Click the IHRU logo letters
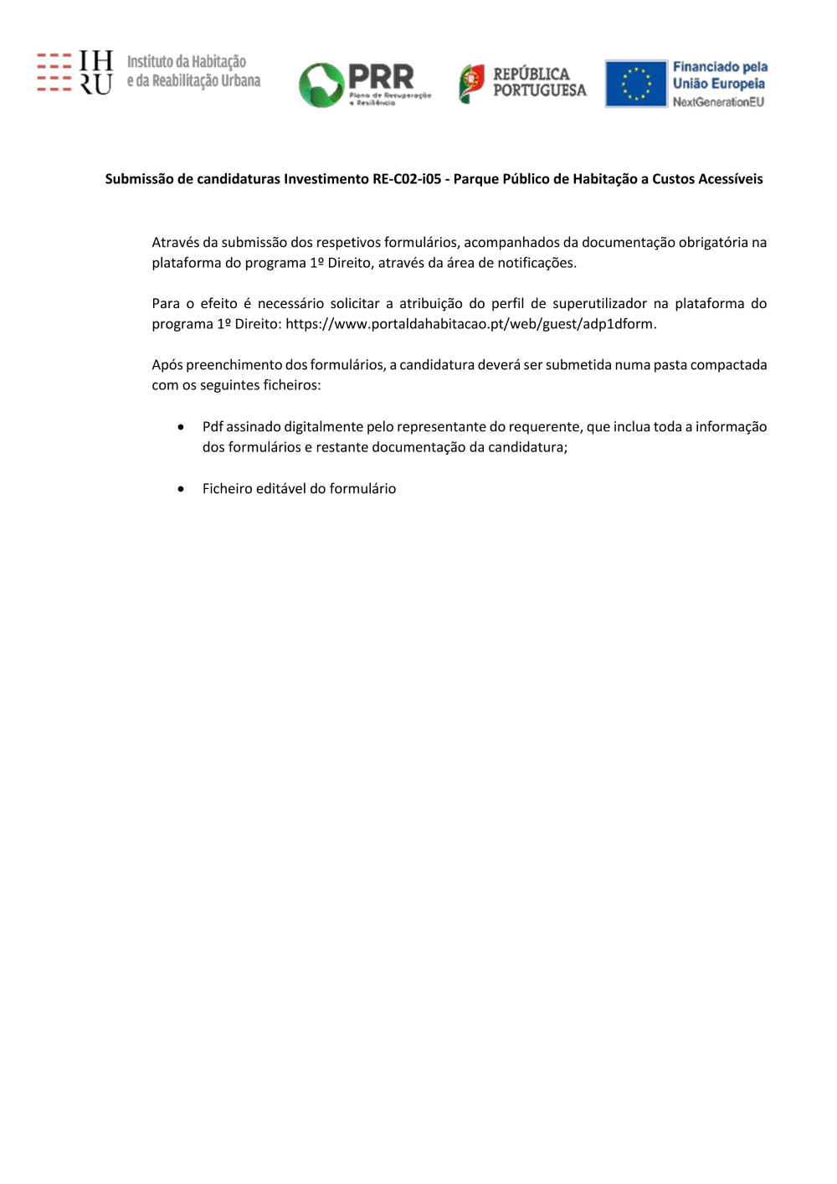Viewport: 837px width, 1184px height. click(95, 72)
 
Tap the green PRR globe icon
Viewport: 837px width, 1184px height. click(321, 85)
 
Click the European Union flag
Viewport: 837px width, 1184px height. click(635, 84)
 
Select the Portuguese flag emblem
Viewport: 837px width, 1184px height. click(471, 83)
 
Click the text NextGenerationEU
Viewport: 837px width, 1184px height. click(718, 102)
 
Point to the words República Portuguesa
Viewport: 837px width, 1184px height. click(539, 82)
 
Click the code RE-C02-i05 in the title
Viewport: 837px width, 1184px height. click(407, 179)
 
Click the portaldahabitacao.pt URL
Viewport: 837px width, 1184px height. click(470, 324)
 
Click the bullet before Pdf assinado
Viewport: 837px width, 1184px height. click(181, 427)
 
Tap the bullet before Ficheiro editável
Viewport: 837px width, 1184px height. click(181, 489)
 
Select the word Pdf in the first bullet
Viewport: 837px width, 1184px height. click(213, 427)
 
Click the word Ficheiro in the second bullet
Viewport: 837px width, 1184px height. click(227, 489)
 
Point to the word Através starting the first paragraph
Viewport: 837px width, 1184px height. click(175, 243)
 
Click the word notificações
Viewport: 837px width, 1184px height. click(537, 263)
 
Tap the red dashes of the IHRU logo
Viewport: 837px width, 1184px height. click(54, 72)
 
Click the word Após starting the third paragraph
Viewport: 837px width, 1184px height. click(167, 365)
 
